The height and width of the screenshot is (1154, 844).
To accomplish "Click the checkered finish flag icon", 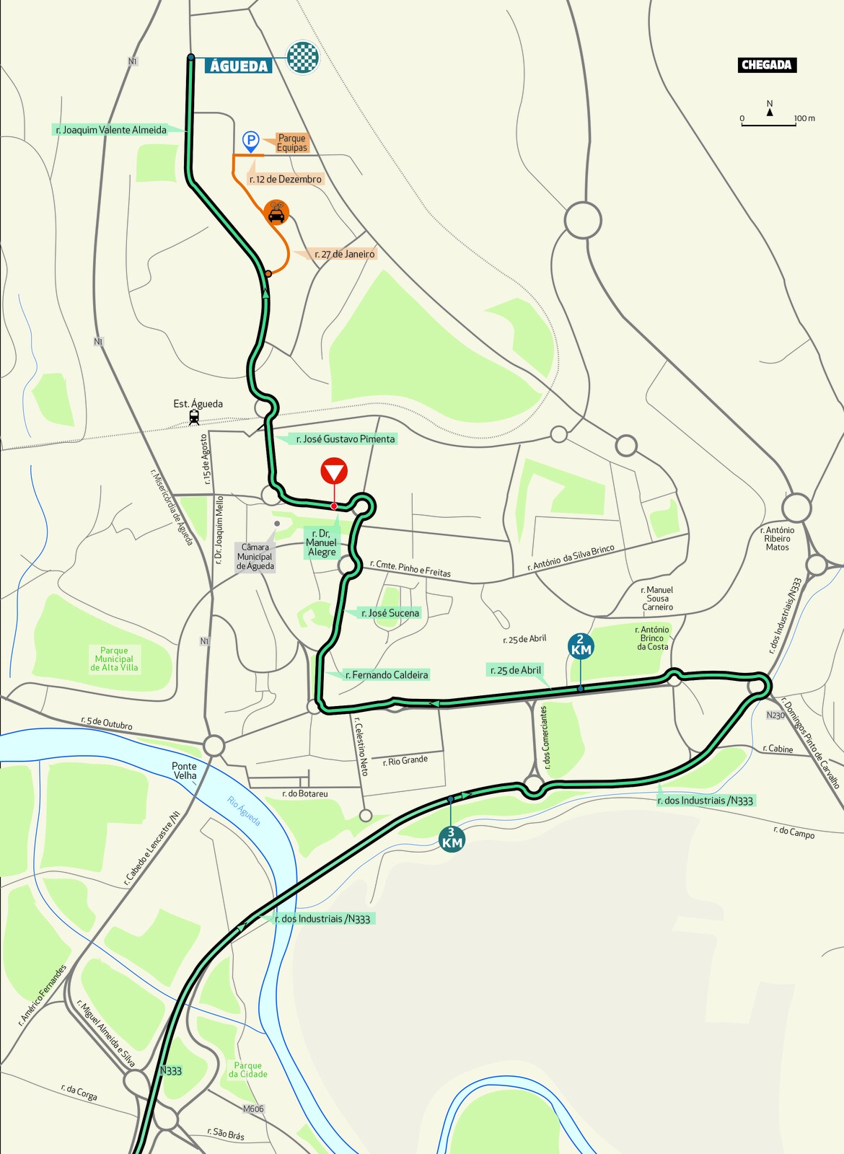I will pyautogui.click(x=303, y=58).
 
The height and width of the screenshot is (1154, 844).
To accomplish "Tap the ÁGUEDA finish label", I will pyautogui.click(x=238, y=66).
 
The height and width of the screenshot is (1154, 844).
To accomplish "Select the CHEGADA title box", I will pyautogui.click(x=766, y=65).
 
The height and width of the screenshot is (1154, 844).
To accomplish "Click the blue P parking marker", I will pyautogui.click(x=250, y=141).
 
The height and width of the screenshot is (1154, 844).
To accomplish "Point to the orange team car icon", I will pyautogui.click(x=276, y=212).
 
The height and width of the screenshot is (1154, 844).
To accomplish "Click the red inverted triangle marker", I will pyautogui.click(x=334, y=472).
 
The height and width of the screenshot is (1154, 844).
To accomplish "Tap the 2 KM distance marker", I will pyautogui.click(x=581, y=645).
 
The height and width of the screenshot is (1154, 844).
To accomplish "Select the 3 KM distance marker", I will pyautogui.click(x=452, y=838).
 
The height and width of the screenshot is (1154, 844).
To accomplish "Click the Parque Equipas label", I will pyautogui.click(x=292, y=143).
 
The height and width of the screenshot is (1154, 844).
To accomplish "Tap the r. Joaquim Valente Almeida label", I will pyautogui.click(x=111, y=130).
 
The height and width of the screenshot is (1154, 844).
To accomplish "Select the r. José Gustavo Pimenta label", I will pyautogui.click(x=345, y=439).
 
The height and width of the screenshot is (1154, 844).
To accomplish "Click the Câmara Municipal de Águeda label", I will pyautogui.click(x=255, y=557).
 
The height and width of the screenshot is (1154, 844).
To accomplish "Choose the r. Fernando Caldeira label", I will pyautogui.click(x=387, y=675).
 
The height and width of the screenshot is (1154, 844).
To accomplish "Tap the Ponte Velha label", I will pyautogui.click(x=185, y=770).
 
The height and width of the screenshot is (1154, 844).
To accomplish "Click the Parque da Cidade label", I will pyautogui.click(x=248, y=1070).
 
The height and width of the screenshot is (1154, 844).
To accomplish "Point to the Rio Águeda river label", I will pyautogui.click(x=244, y=811).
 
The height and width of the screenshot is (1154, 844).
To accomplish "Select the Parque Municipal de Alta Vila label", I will pyautogui.click(x=114, y=659).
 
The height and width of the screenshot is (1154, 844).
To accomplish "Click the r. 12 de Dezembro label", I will pyautogui.click(x=286, y=179).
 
